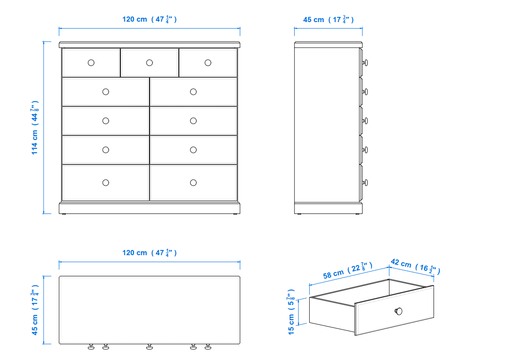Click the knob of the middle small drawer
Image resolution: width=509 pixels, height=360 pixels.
[x=149, y=63]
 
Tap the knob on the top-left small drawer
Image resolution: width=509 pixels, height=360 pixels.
[x=91, y=63]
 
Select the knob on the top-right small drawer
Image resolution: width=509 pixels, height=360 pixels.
[x=208, y=63]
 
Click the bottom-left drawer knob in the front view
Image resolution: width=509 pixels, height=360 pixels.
[x=106, y=183]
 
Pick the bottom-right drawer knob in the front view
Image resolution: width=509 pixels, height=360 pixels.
[x=193, y=183]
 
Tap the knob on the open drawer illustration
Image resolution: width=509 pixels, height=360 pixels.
[x=399, y=311]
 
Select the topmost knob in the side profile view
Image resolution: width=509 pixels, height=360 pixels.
[x=365, y=63]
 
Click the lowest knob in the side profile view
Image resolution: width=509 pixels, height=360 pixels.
[x=365, y=183]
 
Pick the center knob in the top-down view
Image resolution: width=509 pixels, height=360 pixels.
[x=149, y=347]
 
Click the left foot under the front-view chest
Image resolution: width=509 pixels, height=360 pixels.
[x=64, y=214]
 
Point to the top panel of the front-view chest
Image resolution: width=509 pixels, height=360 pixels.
[x=149, y=45]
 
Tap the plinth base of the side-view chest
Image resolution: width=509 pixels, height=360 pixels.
[x=328, y=208]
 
